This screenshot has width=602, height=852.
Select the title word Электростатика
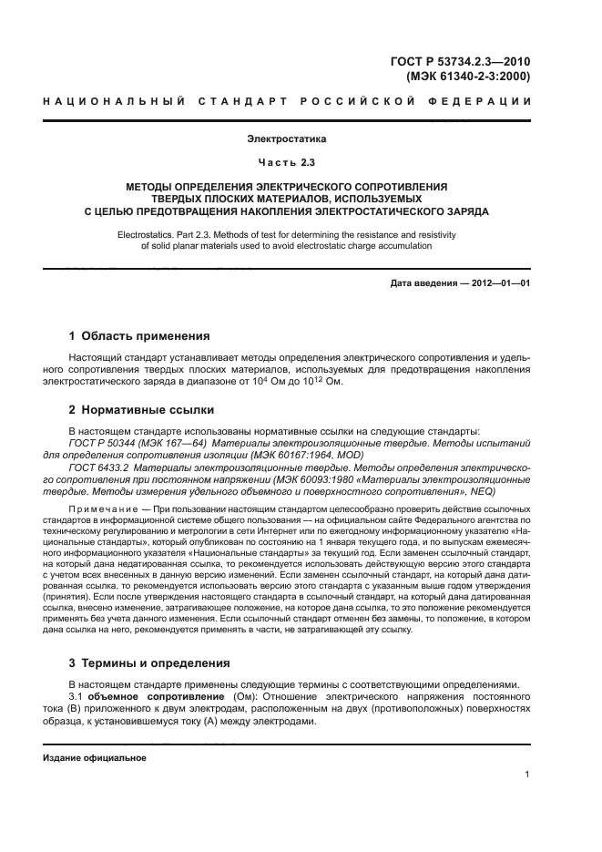286,139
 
